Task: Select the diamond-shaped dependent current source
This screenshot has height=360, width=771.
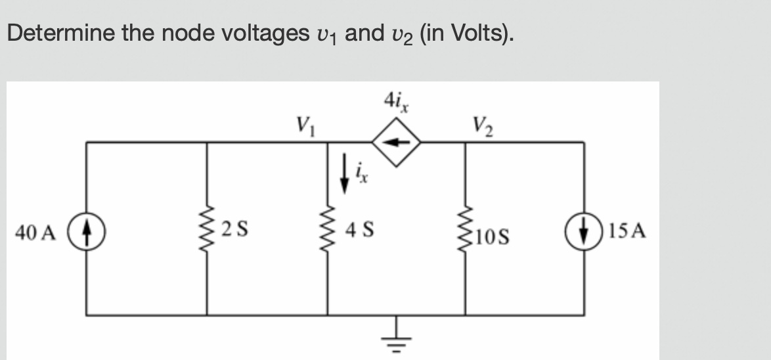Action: coord(397,141)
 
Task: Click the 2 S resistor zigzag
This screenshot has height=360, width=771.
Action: coord(208,231)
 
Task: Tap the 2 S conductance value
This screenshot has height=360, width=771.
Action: coord(234,231)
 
